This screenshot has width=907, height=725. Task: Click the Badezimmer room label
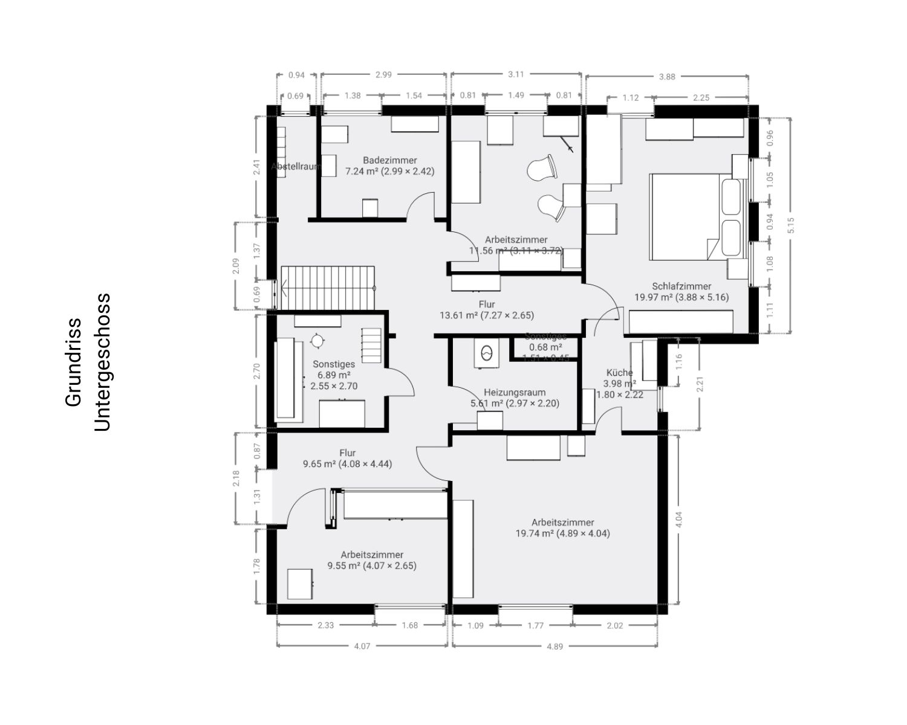389,160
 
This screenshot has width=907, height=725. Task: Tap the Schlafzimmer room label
681,286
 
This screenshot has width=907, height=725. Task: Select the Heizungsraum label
515,392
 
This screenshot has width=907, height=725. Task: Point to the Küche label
619,373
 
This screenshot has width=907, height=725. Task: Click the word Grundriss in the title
73,362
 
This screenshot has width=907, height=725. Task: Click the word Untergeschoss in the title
102,362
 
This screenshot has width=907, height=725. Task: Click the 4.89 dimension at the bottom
554,646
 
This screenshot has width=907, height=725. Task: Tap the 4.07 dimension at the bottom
362,646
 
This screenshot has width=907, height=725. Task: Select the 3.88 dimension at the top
667,77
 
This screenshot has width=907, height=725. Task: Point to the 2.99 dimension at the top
383,75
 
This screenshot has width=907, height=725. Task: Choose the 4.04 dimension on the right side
679,520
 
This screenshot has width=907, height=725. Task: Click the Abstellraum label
295,166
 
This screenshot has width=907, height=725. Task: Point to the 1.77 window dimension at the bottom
535,625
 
